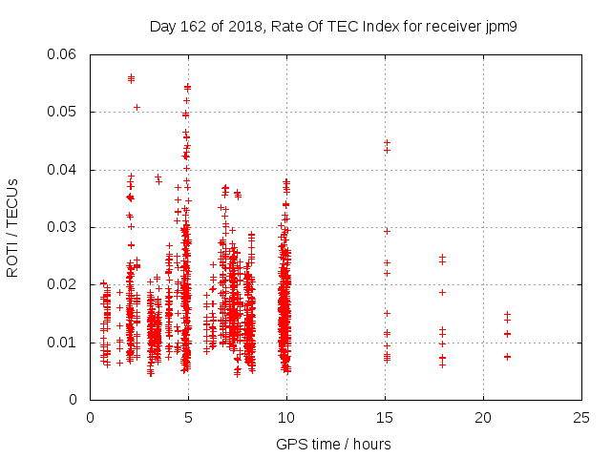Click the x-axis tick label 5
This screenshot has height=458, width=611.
click(188, 417)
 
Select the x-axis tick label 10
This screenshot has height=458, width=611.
click(286, 417)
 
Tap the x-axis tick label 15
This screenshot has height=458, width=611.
click(385, 417)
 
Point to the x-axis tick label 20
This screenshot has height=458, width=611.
click(483, 417)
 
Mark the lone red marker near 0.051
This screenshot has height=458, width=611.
click(137, 107)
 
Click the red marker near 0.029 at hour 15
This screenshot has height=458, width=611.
click(387, 231)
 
